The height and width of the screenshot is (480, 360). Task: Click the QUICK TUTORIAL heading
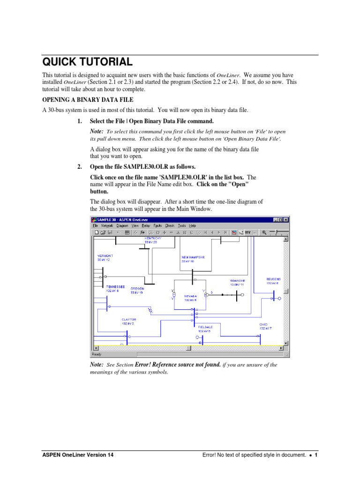pyautogui.click(x=87, y=62)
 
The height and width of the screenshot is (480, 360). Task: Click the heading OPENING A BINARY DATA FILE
pyautogui.click(x=88, y=100)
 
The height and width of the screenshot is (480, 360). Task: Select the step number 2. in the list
pyautogui.click(x=80, y=167)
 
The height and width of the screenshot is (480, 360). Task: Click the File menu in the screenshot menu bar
pyautogui.click(x=95, y=225)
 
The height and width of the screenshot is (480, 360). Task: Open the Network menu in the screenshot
pyautogui.click(x=107, y=225)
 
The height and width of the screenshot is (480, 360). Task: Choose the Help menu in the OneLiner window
pyautogui.click(x=192, y=225)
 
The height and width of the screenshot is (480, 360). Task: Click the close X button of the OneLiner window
pyautogui.click(x=286, y=219)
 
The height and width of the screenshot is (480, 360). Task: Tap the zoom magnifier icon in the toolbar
pyautogui.click(x=264, y=232)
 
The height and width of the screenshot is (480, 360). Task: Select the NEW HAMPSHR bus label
pyautogui.click(x=193, y=257)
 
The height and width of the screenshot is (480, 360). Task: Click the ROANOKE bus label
pyautogui.click(x=237, y=281)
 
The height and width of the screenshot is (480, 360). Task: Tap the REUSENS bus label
pyautogui.click(x=273, y=279)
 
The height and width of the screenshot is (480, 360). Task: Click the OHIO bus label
pyautogui.click(x=263, y=324)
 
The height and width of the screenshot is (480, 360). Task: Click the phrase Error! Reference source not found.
pyautogui.click(x=178, y=365)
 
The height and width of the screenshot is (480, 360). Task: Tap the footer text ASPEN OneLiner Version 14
pyautogui.click(x=77, y=455)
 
